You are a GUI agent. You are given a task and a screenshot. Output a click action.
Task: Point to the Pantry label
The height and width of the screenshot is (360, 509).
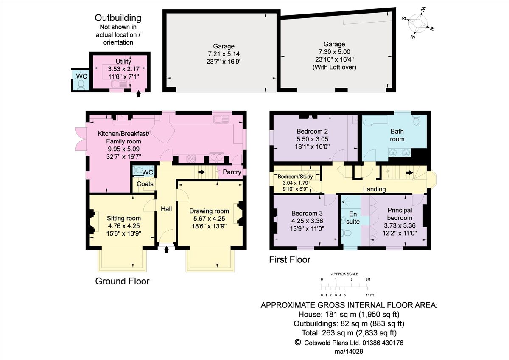pyautogui.click(x=232, y=172)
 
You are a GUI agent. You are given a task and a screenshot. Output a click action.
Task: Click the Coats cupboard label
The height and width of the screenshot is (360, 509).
pyautogui.click(x=145, y=184)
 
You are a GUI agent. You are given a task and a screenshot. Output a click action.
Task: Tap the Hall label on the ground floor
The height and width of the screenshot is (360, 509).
pyautogui.click(x=166, y=209)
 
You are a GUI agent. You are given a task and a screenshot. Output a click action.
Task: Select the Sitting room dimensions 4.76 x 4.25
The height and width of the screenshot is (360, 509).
pyautogui.click(x=123, y=226)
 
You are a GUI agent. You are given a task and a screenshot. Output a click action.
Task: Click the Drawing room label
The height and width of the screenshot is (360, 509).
pyautogui.click(x=209, y=211)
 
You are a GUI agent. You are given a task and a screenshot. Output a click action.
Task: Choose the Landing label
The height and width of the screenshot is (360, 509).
pyautogui.click(x=375, y=189)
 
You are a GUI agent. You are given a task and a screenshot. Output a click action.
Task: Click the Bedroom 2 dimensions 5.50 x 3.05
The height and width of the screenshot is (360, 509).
pyautogui.click(x=312, y=139)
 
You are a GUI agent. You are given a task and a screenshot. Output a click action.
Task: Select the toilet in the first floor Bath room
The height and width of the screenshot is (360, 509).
pyautogui.click(x=417, y=121)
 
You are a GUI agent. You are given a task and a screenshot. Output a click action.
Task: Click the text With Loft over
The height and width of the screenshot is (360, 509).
pyautogui.click(x=334, y=67)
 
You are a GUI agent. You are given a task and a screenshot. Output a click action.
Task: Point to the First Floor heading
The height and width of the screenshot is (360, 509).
pyautogui.click(x=290, y=259)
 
